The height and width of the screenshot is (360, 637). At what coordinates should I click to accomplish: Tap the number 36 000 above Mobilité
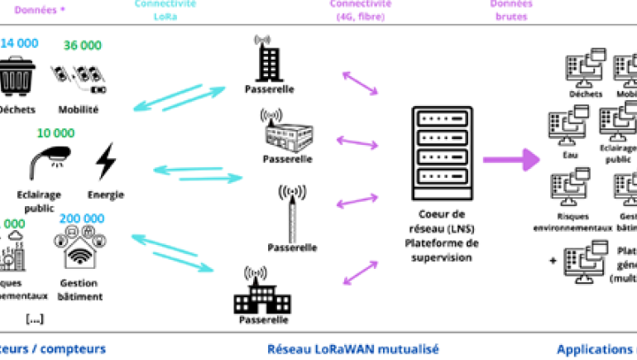[x=83, y=46]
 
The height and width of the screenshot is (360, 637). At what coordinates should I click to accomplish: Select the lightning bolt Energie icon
[x=105, y=162]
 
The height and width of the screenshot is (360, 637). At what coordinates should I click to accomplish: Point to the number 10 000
[x=56, y=132]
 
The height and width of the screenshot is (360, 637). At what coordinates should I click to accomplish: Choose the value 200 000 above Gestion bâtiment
[x=83, y=218]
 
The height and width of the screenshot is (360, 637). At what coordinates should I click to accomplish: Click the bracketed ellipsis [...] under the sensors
[x=36, y=318]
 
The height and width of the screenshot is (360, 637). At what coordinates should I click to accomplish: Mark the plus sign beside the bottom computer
[x=552, y=262]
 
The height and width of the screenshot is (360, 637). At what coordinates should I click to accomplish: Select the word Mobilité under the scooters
[x=79, y=108]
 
